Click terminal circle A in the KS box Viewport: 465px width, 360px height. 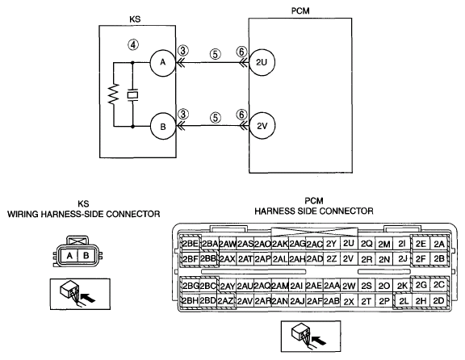tap(162, 63)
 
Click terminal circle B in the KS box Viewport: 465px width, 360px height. tap(163, 127)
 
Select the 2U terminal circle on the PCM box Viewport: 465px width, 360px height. tap(262, 62)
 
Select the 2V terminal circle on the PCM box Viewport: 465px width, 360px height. tap(262, 126)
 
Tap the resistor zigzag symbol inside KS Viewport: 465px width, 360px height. tap(114, 94)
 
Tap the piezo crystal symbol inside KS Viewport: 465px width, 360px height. tap(132, 95)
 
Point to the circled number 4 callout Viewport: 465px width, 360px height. tap(133, 44)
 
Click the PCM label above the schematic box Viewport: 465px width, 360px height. tap(300, 11)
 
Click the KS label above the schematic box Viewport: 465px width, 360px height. tap(135, 19)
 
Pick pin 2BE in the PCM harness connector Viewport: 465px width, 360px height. tap(190, 244)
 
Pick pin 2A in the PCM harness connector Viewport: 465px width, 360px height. tap(439, 244)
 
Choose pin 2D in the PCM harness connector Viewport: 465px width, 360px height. tap(438, 301)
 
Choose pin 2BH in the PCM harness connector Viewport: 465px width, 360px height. tap(190, 301)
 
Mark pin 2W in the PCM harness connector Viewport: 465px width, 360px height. tap(349, 287)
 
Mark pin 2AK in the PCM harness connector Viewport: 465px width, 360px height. tap(279, 244)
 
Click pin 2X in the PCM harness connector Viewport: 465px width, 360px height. tap(349, 301)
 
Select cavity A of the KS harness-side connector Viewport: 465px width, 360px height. tap(69, 255)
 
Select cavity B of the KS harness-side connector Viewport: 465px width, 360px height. tap(86, 255)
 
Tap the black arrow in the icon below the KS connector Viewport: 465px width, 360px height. tap(88, 297)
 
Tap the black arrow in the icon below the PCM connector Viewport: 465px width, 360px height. tap(320, 340)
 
